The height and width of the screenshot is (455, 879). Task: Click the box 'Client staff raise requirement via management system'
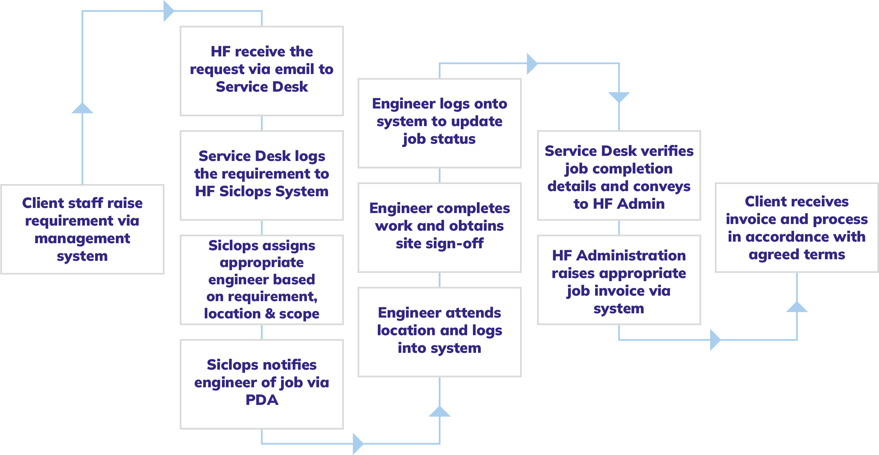[x=82, y=229]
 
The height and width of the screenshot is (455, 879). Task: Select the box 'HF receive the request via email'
[x=262, y=71]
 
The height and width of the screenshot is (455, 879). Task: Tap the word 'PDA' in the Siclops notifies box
[x=262, y=400]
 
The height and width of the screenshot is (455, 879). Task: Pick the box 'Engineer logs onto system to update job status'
[x=439, y=123]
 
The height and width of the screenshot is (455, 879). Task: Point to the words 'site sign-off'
[x=439, y=244]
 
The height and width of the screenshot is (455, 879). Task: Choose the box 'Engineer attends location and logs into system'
[x=439, y=332]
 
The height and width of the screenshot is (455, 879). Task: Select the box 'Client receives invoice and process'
[x=796, y=227]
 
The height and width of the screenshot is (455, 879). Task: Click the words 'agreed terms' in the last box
[x=796, y=255]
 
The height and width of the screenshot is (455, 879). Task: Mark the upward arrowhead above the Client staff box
[x=82, y=108]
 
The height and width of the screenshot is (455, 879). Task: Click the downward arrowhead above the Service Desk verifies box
[x=619, y=97]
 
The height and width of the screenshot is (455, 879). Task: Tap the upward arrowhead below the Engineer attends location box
[x=439, y=412]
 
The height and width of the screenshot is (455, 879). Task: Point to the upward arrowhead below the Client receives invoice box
[x=796, y=307]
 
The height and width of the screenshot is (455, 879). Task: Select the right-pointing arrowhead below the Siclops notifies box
[x=357, y=443]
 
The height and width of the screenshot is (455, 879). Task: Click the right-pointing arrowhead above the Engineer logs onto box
[x=531, y=63]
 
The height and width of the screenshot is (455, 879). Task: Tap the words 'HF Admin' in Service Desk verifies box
[x=619, y=204]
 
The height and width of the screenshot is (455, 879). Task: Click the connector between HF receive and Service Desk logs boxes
[x=262, y=123]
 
